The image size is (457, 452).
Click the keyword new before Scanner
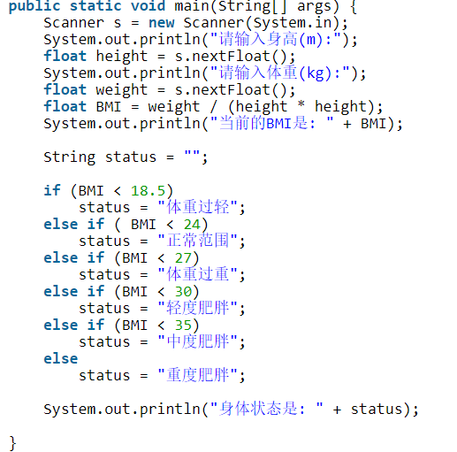pos(162,23)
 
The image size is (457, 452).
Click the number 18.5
pos(148,190)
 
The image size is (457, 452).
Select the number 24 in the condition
pos(192,225)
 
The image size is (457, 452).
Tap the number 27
pos(183,258)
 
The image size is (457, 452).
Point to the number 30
pos(183,292)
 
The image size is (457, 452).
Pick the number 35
pos(183,326)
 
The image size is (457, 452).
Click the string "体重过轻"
pos(198,207)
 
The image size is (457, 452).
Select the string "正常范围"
pos(198,241)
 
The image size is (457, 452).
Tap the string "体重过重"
pos(198,274)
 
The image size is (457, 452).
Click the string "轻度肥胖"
pos(198,308)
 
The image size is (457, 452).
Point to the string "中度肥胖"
pos(198,341)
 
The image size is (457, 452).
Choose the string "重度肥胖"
pos(198,375)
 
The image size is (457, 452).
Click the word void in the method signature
pos(148,6)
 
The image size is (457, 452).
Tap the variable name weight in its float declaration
pos(121,90)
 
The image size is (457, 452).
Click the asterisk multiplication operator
pos(301,104)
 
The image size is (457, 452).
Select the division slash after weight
pos(214,106)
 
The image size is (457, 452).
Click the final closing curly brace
pos(12,443)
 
